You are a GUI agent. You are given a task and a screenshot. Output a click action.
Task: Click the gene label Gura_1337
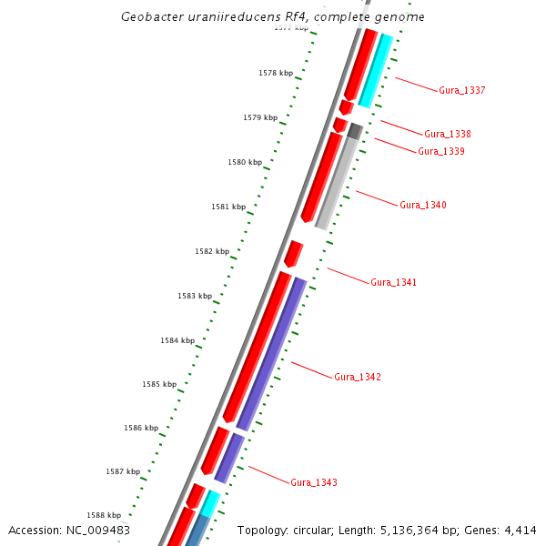(x=461, y=91)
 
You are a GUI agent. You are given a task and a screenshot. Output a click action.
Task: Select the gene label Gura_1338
(x=447, y=135)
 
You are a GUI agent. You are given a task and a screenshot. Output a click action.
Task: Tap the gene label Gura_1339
(x=440, y=151)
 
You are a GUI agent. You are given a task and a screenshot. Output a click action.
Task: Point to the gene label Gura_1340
(x=422, y=206)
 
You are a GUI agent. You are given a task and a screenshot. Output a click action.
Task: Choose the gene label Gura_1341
(x=393, y=283)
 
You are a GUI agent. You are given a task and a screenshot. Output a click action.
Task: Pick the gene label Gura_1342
(x=357, y=377)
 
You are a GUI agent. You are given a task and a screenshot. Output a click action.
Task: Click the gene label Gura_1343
(x=313, y=482)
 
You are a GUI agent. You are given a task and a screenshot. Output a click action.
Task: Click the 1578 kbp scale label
(x=276, y=73)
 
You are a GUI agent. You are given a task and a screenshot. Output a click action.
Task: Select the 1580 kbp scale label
(x=244, y=162)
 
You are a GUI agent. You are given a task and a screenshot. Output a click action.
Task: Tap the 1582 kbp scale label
(x=211, y=251)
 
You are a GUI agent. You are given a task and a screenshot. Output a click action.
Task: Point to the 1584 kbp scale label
(x=177, y=340)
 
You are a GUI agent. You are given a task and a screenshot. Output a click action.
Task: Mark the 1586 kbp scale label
(x=141, y=428)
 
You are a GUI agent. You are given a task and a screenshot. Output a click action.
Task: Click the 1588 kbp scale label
(x=104, y=515)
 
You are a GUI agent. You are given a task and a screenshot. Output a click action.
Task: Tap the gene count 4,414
(x=520, y=531)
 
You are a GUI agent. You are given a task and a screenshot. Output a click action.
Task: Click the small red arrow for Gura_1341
(x=293, y=253)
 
